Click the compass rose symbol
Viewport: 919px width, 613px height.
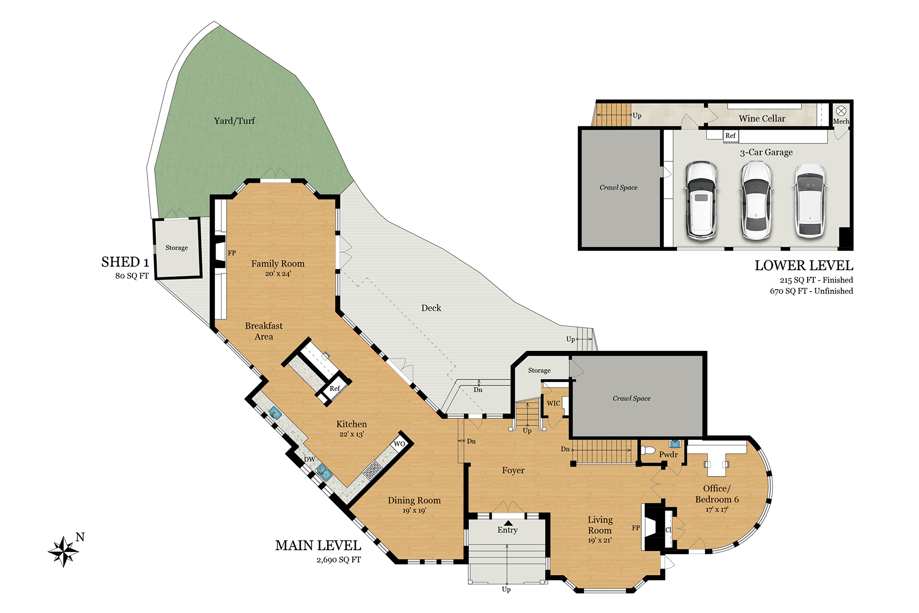point(63,551)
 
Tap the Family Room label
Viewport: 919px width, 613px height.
point(278,264)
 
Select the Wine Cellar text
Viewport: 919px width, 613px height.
point(762,119)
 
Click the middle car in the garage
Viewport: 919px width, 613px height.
point(756,200)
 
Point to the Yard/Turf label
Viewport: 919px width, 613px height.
point(234,121)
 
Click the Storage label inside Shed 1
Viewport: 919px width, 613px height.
point(177,248)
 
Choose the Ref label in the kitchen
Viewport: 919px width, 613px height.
point(335,389)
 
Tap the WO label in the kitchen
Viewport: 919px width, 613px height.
point(399,444)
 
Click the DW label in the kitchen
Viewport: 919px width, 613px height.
point(309,459)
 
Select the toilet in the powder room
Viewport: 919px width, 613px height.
point(647,451)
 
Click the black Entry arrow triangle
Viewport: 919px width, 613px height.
point(508,523)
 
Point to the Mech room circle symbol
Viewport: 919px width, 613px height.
point(841,111)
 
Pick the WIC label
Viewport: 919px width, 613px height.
point(553,404)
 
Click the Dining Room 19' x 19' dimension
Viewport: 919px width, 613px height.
point(414,510)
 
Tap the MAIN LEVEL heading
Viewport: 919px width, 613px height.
point(318,546)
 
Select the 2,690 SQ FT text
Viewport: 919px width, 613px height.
point(338,560)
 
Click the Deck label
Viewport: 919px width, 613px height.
point(431,308)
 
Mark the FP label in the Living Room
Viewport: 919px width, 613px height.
point(636,528)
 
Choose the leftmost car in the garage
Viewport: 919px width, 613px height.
point(701,200)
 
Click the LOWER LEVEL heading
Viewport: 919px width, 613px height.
point(804,266)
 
